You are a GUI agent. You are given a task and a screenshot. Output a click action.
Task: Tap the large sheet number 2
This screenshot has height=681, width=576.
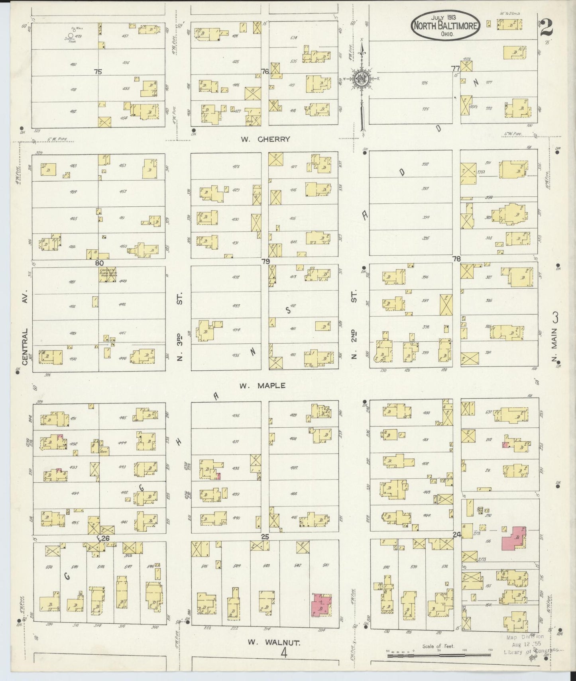[547, 28]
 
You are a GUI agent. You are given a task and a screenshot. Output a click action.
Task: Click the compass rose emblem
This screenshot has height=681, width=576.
[361, 78]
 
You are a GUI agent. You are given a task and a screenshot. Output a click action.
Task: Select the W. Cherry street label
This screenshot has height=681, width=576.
[265, 139]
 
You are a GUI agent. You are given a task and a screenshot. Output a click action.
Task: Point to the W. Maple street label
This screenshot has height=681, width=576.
[262, 386]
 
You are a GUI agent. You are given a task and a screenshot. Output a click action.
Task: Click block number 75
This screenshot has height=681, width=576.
[98, 72]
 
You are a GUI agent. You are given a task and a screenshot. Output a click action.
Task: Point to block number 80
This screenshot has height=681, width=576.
[99, 263]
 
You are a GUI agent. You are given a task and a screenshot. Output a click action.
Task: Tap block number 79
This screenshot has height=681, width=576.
[265, 261]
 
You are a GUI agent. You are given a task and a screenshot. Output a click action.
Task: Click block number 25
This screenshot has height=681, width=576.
[265, 537]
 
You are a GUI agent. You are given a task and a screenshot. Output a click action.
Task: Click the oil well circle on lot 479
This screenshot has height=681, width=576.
[71, 35]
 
